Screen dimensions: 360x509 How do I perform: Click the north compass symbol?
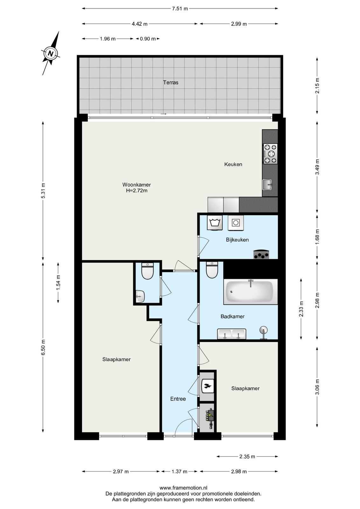pos(51,54)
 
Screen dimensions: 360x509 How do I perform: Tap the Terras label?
pos(170,82)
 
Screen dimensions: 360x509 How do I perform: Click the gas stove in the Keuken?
pos(270,154)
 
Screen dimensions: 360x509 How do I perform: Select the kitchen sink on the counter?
pos(267,185)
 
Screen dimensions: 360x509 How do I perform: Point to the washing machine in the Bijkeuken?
pos(215,223)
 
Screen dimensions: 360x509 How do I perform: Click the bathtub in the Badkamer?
pos(251,291)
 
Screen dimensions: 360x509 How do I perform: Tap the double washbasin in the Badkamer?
pos(232,334)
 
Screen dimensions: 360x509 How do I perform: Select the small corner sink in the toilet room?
pos(140,296)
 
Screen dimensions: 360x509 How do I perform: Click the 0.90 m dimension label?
pos(148,39)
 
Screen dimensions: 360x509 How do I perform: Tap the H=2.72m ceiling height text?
pos(137,191)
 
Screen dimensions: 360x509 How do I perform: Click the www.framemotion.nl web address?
pos(183,487)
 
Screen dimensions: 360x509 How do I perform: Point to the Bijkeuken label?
pos(237,240)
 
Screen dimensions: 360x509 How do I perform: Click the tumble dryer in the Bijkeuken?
pos(236,223)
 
